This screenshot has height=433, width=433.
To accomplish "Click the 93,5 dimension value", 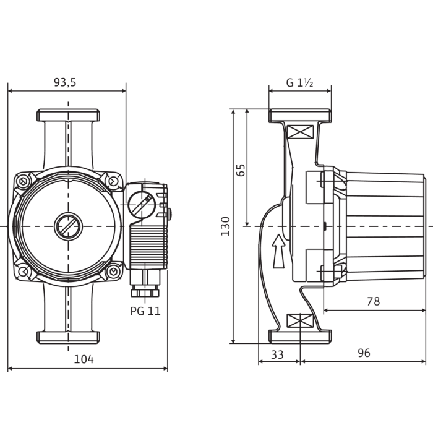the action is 65,82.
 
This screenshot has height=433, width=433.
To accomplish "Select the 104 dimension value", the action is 84,359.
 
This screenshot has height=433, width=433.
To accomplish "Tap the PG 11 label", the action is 145,311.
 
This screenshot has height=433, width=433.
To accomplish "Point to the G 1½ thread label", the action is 299,82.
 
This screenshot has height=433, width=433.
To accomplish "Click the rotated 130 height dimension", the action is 226,226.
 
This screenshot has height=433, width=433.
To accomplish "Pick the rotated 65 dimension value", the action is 241,170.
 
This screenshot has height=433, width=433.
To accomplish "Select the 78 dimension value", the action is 374,301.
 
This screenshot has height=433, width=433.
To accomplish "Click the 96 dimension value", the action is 364,353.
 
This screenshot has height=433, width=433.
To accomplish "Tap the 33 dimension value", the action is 277,355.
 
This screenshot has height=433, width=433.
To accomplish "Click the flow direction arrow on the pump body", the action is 278,251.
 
